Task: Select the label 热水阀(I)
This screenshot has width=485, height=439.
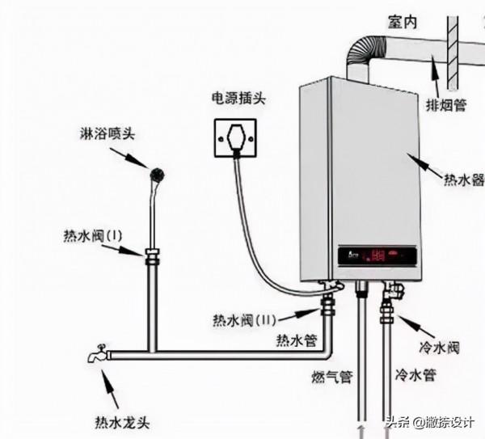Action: click(x=91, y=236)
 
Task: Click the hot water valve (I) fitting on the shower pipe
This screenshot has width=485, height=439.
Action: click(x=152, y=259)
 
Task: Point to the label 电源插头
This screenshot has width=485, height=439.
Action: click(x=235, y=99)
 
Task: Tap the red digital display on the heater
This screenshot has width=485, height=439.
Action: click(x=377, y=256)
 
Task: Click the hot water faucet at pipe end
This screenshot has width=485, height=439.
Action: click(x=96, y=354)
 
